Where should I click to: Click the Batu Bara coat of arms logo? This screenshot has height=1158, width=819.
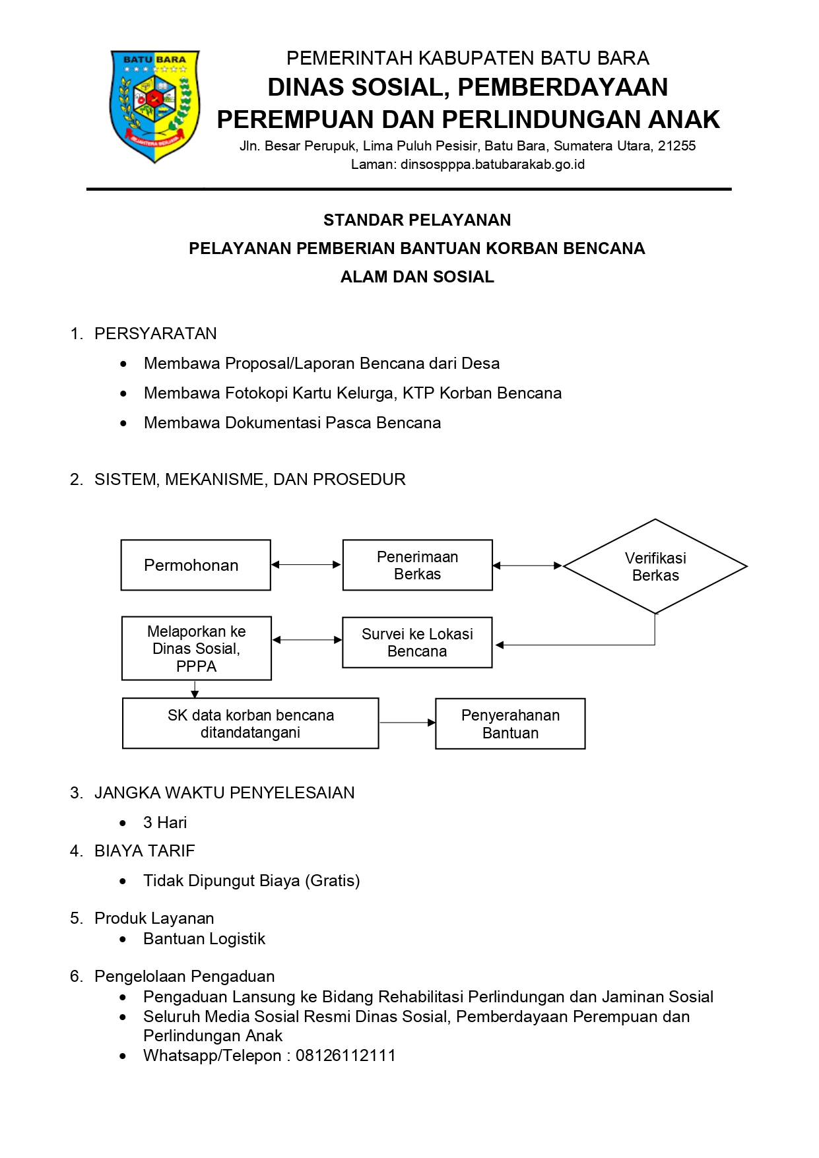154,106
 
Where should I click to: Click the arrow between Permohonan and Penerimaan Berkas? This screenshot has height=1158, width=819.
307,565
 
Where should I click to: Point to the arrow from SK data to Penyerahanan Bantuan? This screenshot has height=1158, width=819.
408,723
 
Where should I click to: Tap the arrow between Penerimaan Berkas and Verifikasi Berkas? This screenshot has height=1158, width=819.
528,565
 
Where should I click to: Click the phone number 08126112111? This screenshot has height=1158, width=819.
346,1055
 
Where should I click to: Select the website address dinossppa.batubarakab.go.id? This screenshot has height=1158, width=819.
492,164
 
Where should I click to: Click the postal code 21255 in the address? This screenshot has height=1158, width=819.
676,146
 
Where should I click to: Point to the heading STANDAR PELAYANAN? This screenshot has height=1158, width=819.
417,220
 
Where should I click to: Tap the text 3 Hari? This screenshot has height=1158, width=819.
165,822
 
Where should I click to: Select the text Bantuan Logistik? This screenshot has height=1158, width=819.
205,938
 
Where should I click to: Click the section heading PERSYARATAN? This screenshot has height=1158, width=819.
156,333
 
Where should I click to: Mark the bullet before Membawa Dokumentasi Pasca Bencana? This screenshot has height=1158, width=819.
123,423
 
